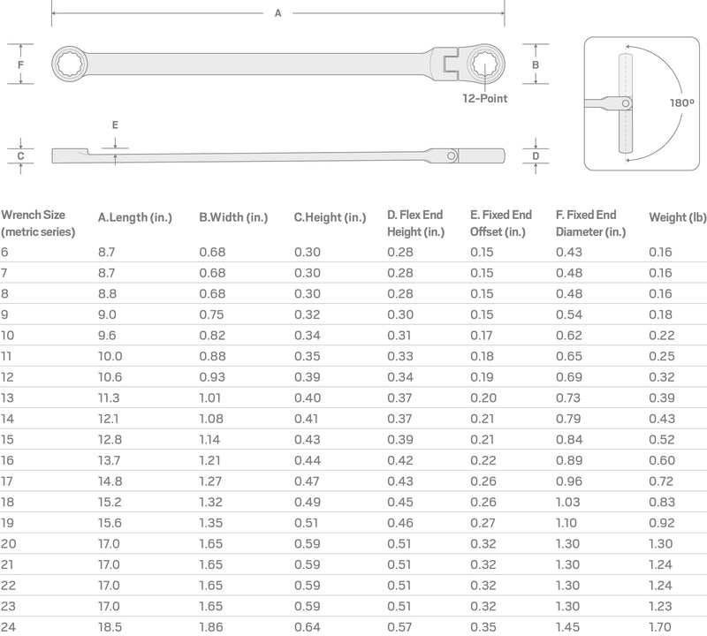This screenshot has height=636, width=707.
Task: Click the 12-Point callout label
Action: [484, 98]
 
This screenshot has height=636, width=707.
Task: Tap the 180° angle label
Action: [681, 102]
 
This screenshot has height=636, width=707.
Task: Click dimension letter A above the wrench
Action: [278, 13]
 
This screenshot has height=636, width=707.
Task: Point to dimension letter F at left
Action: [20, 64]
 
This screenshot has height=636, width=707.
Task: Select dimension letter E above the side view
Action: [115, 125]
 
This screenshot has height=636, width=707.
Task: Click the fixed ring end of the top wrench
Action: [70, 64]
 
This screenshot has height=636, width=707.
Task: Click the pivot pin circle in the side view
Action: [452, 156]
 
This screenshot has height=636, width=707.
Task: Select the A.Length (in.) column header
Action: [135, 217]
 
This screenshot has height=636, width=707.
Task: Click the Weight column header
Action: [678, 217]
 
